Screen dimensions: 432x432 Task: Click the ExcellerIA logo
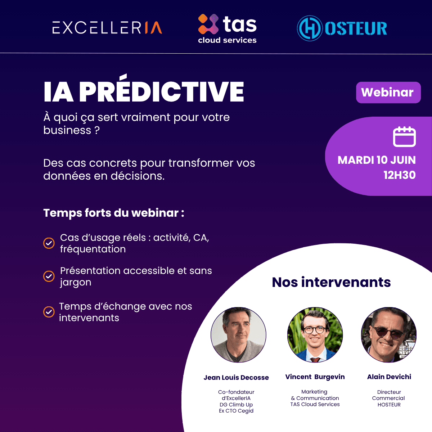click(x=107, y=28)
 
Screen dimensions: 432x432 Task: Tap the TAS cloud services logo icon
click(x=208, y=24)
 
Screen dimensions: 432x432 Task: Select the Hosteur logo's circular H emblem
click(x=309, y=28)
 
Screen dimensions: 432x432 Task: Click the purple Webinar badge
click(x=388, y=93)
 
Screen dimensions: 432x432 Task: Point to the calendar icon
click(x=404, y=137)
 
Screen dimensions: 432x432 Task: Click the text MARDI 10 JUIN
click(x=377, y=160)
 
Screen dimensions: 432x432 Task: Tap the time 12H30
click(x=399, y=175)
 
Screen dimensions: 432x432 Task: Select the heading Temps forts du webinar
click(x=113, y=213)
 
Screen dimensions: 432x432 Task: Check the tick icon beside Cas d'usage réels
click(x=49, y=243)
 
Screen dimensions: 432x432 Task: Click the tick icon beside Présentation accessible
click(x=49, y=276)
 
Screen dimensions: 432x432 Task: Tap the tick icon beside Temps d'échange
click(x=49, y=312)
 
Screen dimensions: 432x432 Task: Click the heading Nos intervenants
click(x=331, y=282)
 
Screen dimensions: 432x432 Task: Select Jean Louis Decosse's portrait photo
click(x=238, y=335)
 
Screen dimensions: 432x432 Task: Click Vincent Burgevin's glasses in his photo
click(x=315, y=329)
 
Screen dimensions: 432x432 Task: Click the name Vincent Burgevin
click(x=315, y=377)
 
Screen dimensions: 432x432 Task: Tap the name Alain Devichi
click(x=389, y=377)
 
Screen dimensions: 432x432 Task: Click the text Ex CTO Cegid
click(x=236, y=411)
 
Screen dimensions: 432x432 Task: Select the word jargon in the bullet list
click(x=76, y=283)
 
